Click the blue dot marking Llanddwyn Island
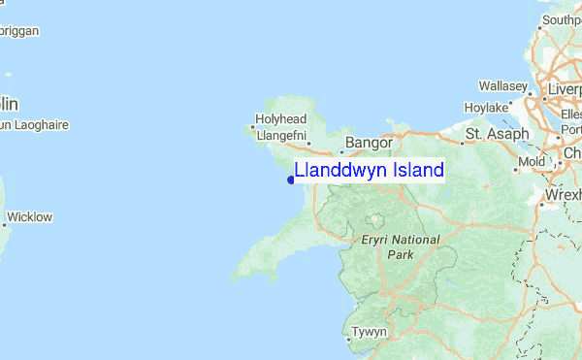(x=290, y=178)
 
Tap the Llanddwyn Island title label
(x=369, y=170)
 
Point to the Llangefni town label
(x=280, y=135)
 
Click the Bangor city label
(x=369, y=143)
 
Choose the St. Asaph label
(x=497, y=134)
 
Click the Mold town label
(x=533, y=161)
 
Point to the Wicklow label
(x=29, y=216)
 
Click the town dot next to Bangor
(x=341, y=150)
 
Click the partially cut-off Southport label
(x=562, y=19)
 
